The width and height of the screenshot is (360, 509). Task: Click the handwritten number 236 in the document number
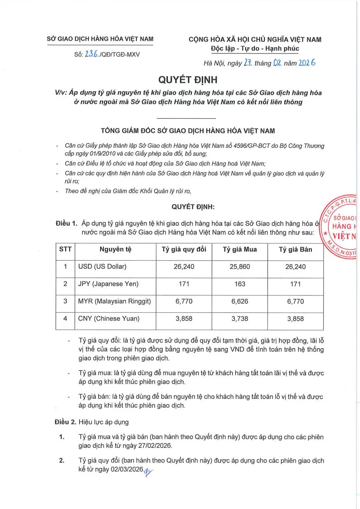point(91,54)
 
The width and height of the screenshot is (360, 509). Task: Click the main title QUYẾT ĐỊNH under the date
point(188,80)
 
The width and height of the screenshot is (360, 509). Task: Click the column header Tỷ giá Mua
point(240,250)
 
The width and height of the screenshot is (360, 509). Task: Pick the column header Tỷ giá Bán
point(295,250)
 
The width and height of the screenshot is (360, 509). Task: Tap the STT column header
point(65,250)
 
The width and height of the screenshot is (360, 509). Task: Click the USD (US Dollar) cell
point(102,267)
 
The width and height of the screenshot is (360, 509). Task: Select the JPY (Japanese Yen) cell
point(108,284)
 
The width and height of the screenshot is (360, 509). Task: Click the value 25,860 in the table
point(240,267)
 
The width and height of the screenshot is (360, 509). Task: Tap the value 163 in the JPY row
point(240,284)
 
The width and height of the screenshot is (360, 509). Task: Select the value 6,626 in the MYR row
point(240,301)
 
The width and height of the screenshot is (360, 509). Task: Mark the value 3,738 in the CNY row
point(240,319)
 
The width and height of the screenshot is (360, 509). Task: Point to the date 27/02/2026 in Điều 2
point(151,446)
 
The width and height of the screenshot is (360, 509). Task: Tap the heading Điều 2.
point(65,422)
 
